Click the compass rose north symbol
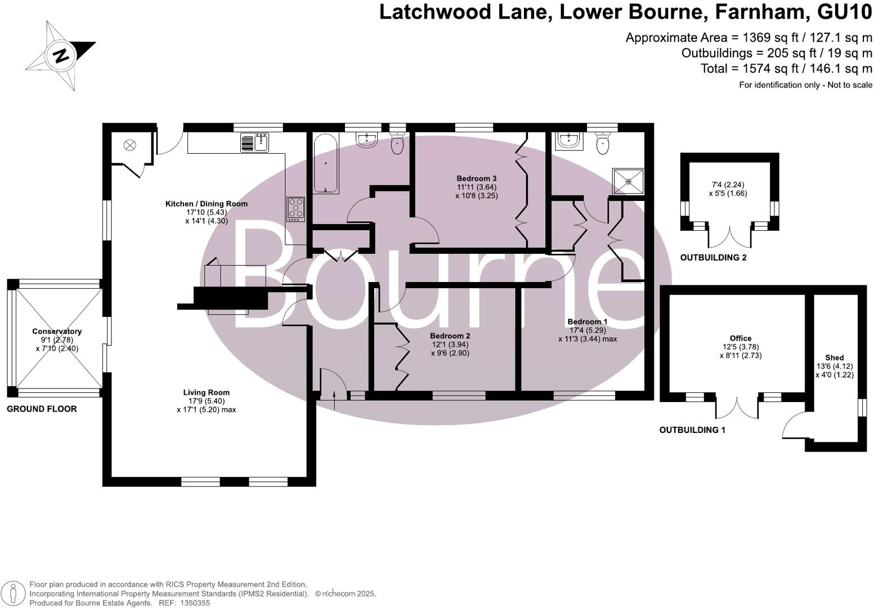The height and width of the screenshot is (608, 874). coord(61,56)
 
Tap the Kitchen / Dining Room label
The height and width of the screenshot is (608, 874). coord(206,204)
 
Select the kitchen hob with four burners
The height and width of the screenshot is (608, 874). coord(295,209)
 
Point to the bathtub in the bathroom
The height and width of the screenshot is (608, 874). coord(325,163)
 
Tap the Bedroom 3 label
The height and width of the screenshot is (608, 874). coord(476,178)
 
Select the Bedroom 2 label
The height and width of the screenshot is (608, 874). coord(450,336)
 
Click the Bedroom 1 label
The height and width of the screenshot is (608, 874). coord(587,322)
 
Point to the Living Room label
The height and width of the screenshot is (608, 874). coord(206,392)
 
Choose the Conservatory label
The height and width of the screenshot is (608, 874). coord(57,332)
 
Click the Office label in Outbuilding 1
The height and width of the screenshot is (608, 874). coord(740,338)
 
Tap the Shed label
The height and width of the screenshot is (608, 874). coord(834,357)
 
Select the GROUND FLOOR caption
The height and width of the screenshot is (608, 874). coord(42,409)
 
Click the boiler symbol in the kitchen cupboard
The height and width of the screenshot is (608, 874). coord(130,146)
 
